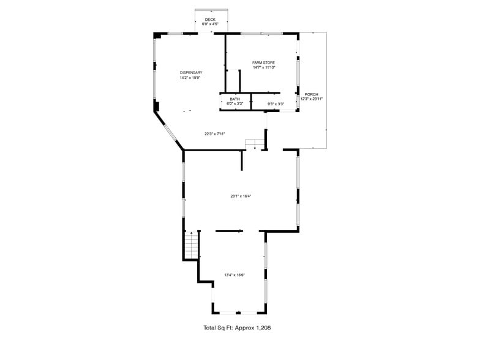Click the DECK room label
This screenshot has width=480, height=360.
tap(211, 20)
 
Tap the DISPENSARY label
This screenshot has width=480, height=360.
tap(191, 73)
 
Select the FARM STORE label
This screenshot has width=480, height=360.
tap(264, 62)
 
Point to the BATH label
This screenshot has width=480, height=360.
tap(235, 99)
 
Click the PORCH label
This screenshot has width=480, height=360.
tap(311, 94)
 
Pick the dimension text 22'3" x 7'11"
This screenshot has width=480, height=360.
tap(216, 133)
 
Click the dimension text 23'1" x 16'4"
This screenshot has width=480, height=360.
tap(241, 196)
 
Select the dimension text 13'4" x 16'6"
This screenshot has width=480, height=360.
tap(234, 275)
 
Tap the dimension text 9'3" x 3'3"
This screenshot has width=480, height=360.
tap(276, 103)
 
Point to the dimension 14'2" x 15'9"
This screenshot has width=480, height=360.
tap(191, 78)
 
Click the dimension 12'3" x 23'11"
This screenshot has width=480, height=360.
tap(311, 99)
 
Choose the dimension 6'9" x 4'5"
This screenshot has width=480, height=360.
tap(211, 24)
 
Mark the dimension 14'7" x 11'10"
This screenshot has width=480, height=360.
tap(264, 67)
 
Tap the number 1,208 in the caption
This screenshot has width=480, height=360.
tap(263, 328)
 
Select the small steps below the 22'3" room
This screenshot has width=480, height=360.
tap(254, 144)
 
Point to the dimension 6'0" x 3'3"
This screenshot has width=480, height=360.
tap(235, 103)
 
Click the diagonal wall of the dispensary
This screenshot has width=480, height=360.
tap(169, 130)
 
